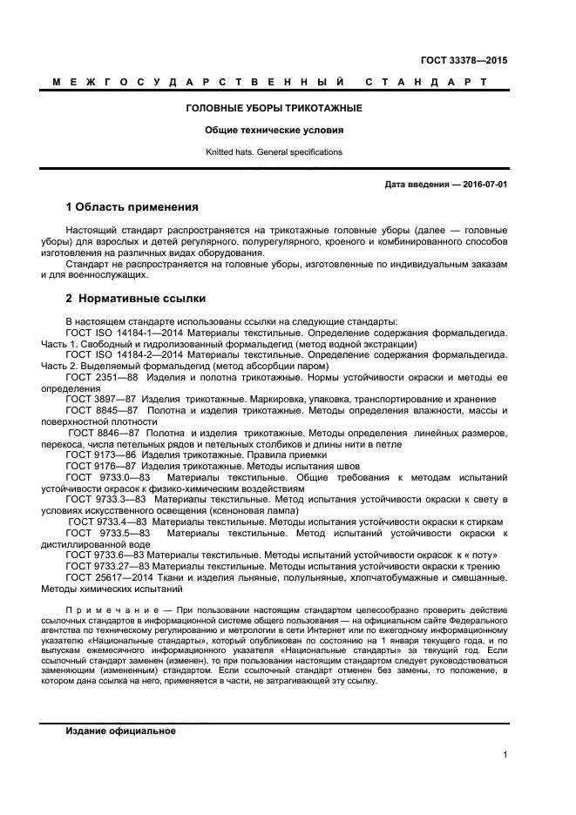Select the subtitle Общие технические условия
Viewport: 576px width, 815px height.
(274, 130)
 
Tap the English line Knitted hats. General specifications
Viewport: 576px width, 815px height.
(274, 152)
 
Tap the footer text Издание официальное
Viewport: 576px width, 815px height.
(121, 731)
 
